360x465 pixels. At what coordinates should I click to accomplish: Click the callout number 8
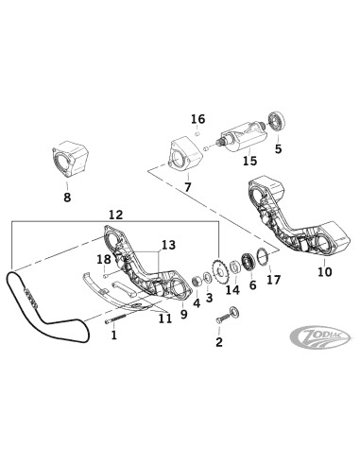[x=66, y=198]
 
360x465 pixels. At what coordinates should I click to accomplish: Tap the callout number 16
[x=197, y=119]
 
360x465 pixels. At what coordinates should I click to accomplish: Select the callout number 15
[x=249, y=162]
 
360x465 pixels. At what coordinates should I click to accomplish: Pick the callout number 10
[x=324, y=272]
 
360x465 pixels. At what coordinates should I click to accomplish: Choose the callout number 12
[x=116, y=215]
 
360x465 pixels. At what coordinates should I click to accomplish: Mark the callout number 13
[x=167, y=245]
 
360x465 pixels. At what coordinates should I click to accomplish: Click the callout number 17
[x=273, y=280]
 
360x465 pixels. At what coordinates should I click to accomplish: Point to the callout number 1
[x=113, y=334]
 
